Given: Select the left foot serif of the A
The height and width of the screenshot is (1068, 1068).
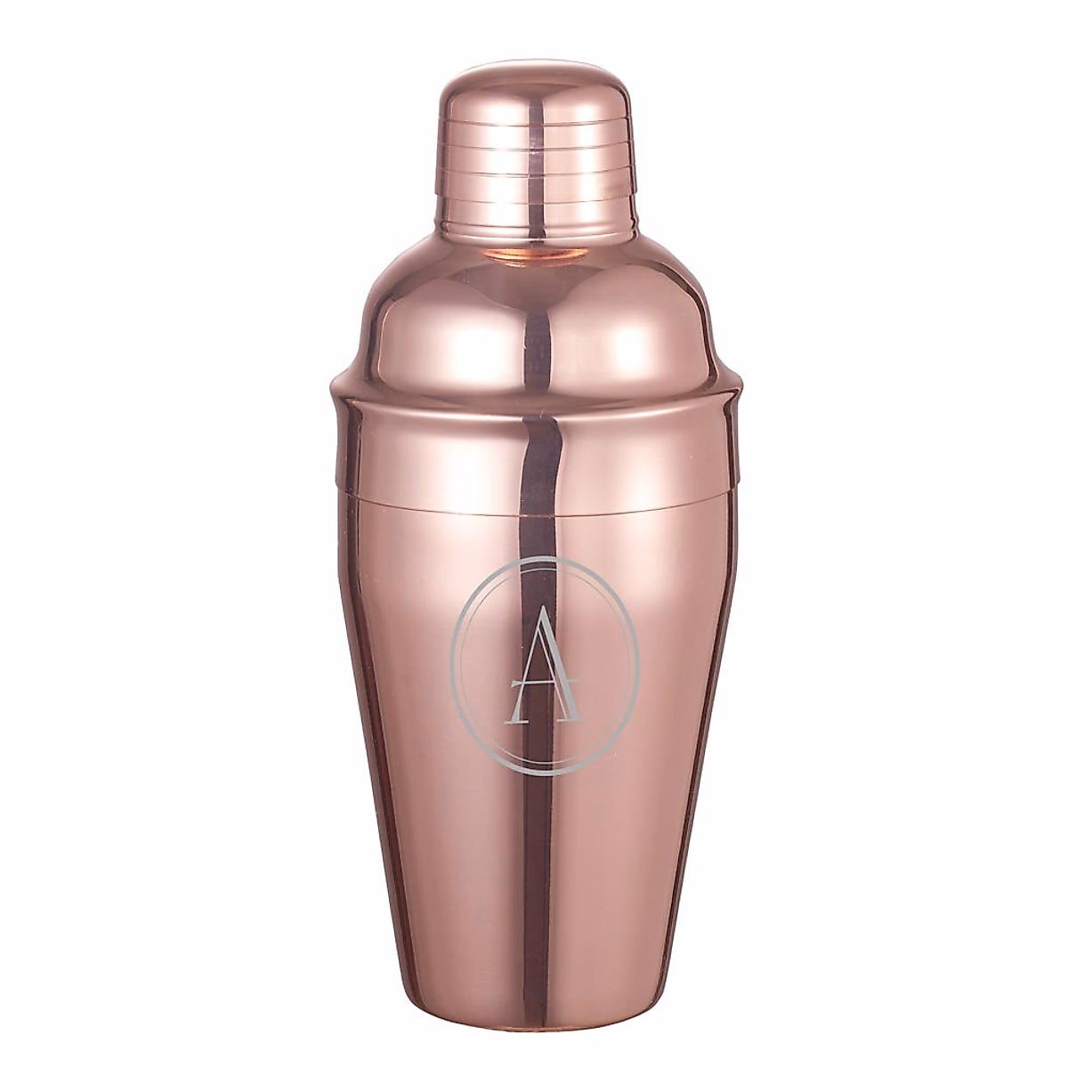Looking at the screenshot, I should [516, 695].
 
